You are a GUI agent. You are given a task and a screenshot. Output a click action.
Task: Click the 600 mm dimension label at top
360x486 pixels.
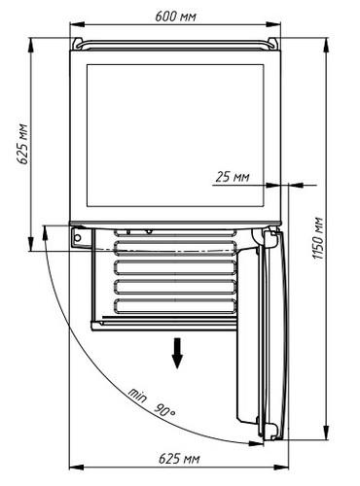click(175, 16)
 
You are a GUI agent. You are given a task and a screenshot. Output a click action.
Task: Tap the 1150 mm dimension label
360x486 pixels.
click(318, 238)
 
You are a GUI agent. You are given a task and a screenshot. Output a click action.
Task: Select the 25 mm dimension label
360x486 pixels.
click(233, 177)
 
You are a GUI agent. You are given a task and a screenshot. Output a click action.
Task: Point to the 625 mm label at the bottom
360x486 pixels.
click(179, 459)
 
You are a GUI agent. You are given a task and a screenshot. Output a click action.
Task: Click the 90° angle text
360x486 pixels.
click(164, 410)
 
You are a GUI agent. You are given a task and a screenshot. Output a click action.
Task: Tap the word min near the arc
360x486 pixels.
click(137, 395)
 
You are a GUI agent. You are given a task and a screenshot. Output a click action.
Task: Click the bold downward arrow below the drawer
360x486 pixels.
click(177, 353)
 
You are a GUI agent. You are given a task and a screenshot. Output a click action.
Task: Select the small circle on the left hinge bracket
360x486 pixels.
click(78, 238)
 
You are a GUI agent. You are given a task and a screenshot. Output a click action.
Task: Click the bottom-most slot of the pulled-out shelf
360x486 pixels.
click(175, 305)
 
